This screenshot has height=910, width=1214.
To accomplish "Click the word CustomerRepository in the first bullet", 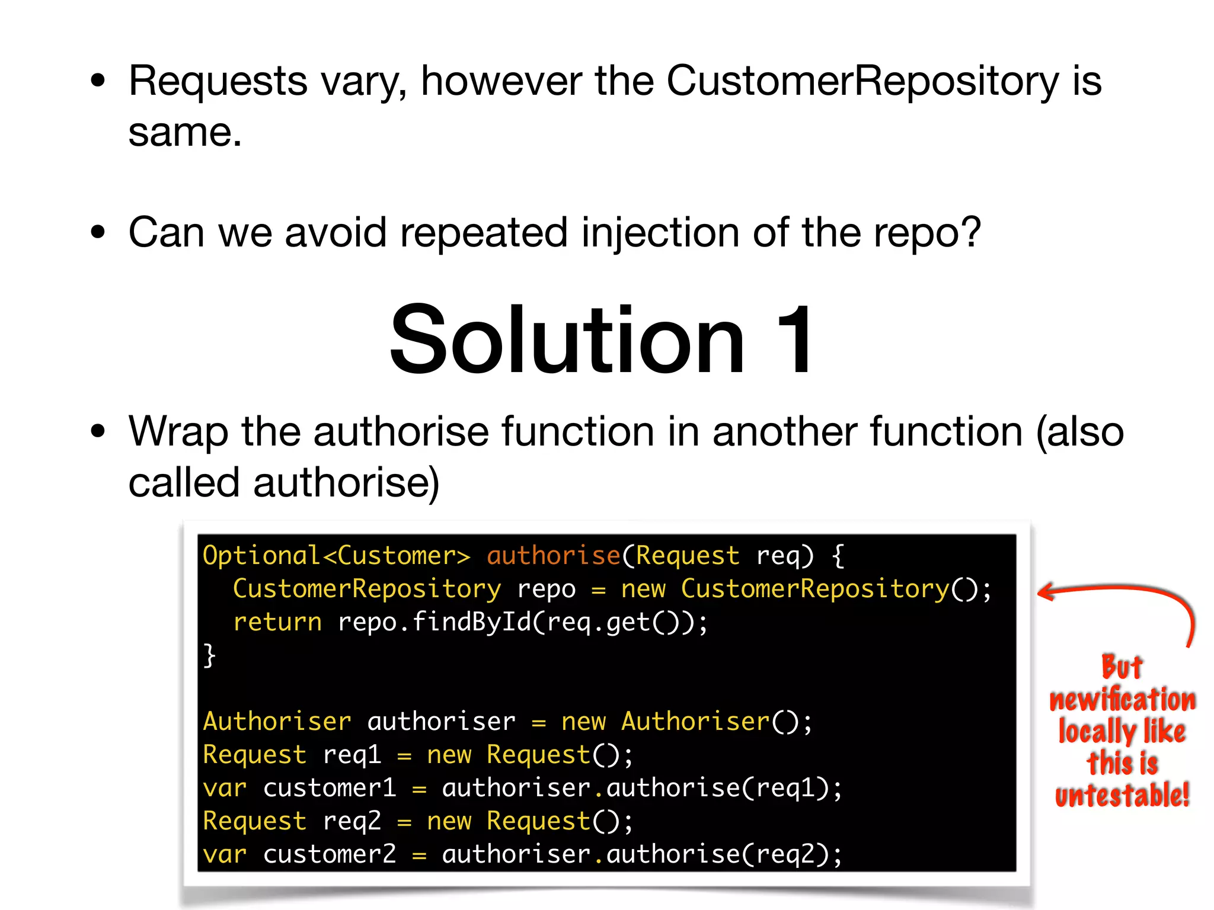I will point(862,81).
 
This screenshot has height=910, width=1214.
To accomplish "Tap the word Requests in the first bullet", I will point(218,81).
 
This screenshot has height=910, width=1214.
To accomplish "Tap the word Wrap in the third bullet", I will point(178,431).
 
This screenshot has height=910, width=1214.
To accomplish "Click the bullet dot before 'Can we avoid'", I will point(98,232).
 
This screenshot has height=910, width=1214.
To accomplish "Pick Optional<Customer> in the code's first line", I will point(336,556).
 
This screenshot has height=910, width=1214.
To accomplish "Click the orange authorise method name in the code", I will point(553,556).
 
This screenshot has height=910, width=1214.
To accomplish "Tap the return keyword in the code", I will point(277,622).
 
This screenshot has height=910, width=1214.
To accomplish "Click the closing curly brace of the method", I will point(209,656).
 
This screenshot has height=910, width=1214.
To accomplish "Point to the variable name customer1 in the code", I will point(329,788).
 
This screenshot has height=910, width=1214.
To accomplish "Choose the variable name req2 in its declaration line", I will point(352,821).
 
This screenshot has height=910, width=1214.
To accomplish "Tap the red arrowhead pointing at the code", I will point(1047,592).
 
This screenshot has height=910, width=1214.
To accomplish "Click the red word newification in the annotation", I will point(1122,700).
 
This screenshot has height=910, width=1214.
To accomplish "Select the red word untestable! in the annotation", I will point(1122,794).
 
